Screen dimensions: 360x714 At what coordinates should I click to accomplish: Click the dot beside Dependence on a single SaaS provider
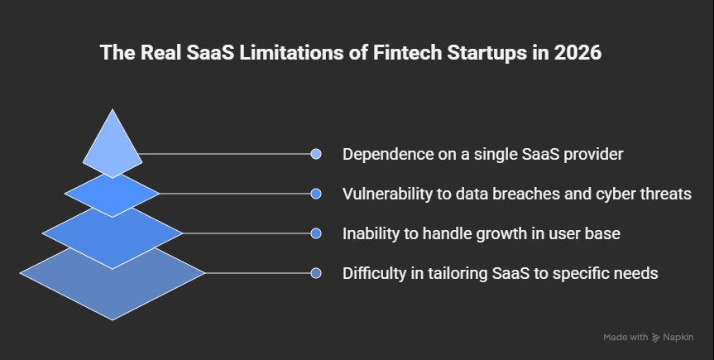tap(315, 154)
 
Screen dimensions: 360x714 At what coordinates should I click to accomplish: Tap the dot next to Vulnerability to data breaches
tap(315, 194)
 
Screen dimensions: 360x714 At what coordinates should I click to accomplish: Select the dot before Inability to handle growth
tap(315, 233)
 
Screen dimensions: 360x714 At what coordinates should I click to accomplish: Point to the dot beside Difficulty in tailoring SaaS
tap(315, 273)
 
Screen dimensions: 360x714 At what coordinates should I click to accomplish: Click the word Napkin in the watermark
tap(678, 337)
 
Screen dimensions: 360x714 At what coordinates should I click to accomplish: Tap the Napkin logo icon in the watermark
tap(656, 337)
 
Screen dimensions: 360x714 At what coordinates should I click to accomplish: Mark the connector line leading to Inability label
tap(248, 233)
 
